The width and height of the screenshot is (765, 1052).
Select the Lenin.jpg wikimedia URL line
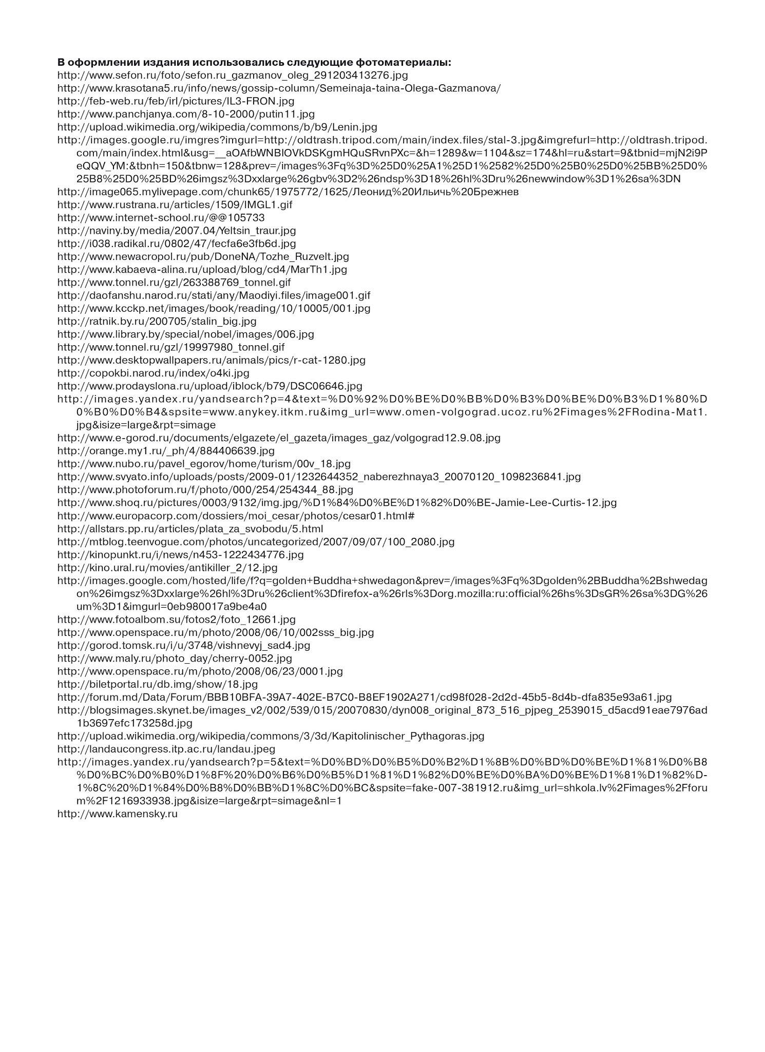click(217, 127)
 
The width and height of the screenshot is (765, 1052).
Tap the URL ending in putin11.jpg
click(186, 114)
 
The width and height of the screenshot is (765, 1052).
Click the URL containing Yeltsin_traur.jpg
click(177, 231)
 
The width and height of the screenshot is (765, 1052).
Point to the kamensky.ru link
click(118, 814)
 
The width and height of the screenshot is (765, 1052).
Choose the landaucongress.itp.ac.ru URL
click(166, 749)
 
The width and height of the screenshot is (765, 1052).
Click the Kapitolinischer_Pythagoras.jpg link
click(271, 736)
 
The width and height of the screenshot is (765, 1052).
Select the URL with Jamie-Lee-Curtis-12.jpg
click(337, 503)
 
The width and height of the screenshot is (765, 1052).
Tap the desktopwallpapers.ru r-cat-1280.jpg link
click(212, 360)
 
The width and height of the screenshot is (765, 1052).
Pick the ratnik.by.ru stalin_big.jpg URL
click(157, 322)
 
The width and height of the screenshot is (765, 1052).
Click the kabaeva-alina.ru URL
click(202, 270)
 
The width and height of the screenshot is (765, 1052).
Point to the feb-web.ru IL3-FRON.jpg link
click(176, 101)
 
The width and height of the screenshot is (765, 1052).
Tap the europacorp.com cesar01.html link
click(236, 516)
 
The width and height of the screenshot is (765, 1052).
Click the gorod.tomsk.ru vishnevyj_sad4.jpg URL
click(184, 645)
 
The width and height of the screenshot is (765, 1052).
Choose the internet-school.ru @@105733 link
click(161, 218)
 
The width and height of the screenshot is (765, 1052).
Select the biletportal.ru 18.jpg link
click(158, 684)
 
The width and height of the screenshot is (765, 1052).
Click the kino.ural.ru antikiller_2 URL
click(167, 568)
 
